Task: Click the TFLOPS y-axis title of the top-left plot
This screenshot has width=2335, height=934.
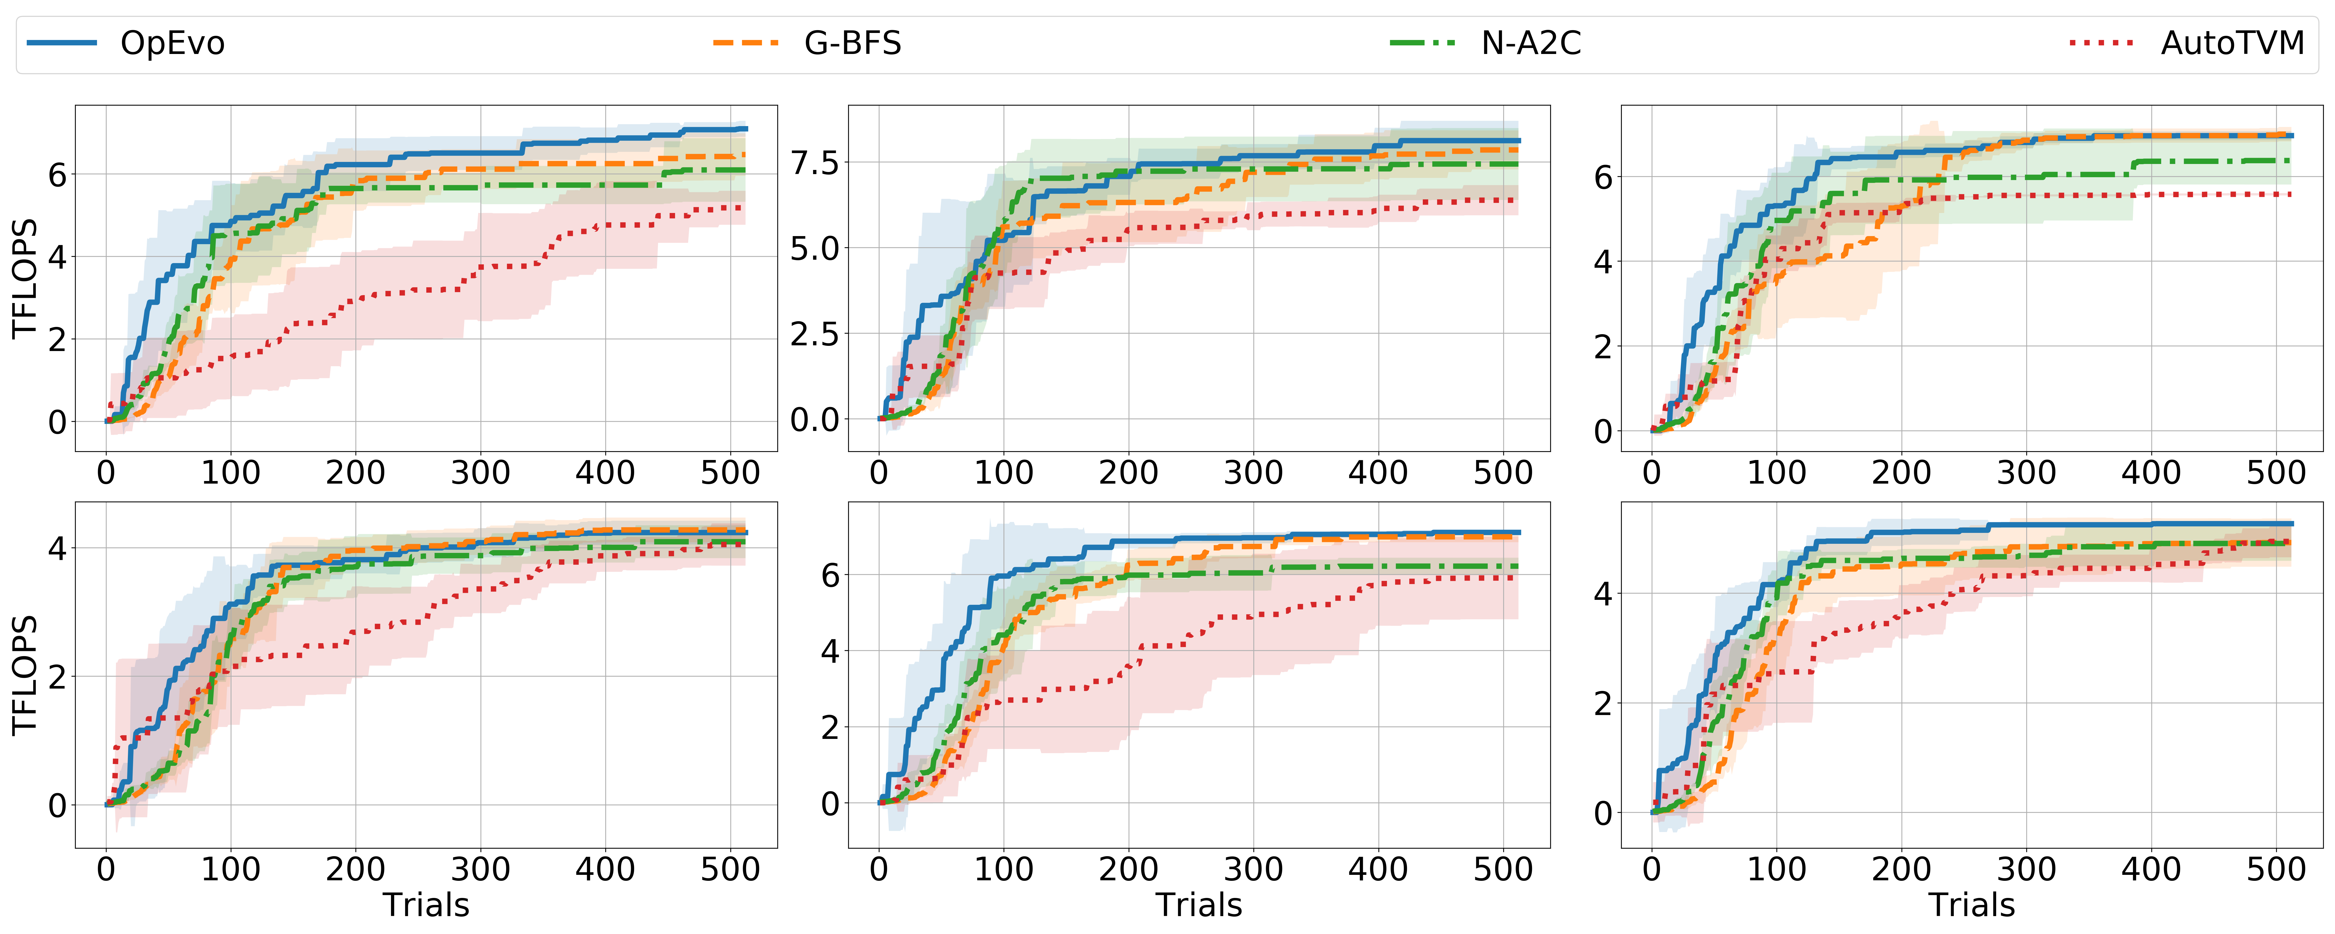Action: (x=24, y=278)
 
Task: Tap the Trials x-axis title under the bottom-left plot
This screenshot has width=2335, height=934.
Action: (x=426, y=905)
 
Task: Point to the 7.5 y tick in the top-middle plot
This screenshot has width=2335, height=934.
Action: (x=815, y=163)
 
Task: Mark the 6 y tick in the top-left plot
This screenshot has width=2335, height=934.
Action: (x=57, y=174)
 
